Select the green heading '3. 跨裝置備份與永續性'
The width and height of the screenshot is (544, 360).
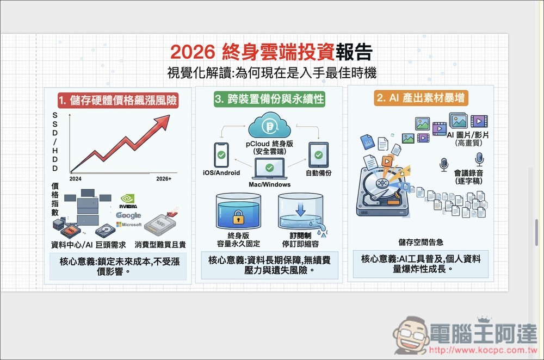[269, 100]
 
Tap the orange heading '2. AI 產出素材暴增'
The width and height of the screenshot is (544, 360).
[422, 98]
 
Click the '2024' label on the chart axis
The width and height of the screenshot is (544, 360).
[76, 178]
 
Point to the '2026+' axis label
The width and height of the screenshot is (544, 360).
[164, 178]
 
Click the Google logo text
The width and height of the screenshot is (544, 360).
[128, 215]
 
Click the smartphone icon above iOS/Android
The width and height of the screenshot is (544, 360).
[221, 155]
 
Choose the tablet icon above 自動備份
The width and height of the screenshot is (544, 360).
[318, 155]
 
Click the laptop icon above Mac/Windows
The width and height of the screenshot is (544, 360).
[269, 169]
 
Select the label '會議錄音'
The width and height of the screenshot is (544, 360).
[468, 173]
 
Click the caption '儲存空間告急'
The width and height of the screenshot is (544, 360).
[421, 242]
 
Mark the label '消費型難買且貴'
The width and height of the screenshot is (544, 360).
[160, 245]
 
